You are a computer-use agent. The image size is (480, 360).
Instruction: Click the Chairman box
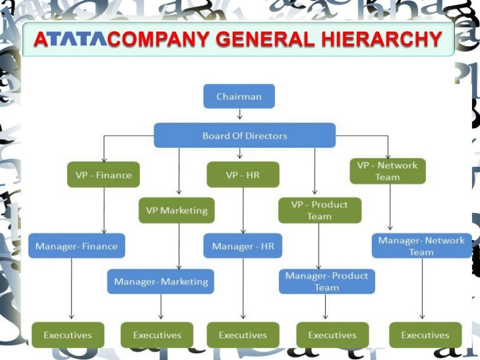[238, 96]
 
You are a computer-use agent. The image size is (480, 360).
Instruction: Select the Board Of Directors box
[245, 136]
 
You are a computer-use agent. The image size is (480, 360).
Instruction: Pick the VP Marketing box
[177, 210]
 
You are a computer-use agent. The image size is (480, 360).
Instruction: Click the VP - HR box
[243, 175]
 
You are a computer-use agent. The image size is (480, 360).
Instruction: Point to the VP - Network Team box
[387, 171]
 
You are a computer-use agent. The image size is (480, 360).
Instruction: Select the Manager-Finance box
[76, 246]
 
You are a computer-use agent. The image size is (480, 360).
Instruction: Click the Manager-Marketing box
[161, 282]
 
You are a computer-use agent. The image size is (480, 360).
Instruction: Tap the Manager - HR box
[243, 246]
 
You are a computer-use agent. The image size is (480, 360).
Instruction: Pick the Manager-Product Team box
[326, 282]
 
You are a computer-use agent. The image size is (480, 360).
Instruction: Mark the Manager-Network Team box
[421, 246]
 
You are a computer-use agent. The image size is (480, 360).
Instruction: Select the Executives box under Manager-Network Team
[425, 335]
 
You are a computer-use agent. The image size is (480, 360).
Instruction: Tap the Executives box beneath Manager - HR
[243, 335]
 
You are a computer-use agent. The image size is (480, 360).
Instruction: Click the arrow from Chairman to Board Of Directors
[238, 116]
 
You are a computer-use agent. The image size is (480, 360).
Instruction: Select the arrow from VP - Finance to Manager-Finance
[104, 210]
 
